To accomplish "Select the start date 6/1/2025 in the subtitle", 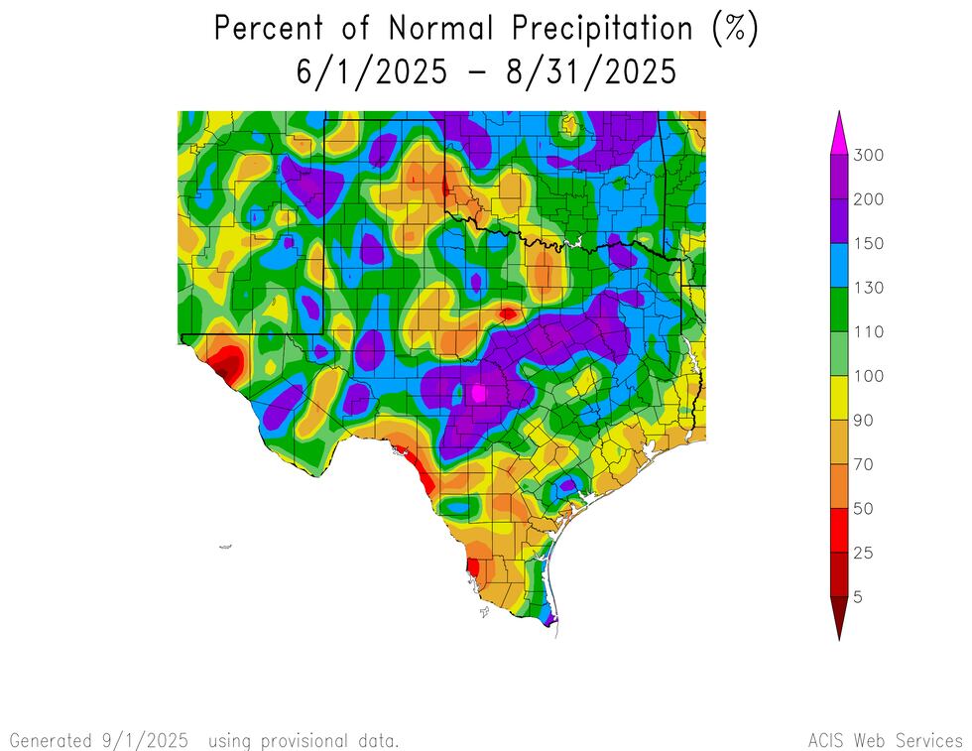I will (x=370, y=72).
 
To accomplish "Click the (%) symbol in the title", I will (x=735, y=29).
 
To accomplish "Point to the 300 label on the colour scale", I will (x=868, y=155).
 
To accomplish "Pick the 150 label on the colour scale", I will (x=868, y=243).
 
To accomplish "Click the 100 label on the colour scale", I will (x=868, y=376).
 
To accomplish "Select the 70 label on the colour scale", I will (x=864, y=464).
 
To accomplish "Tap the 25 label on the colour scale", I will (x=864, y=553).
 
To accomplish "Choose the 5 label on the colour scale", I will (x=858, y=597).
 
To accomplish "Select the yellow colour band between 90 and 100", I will (x=838, y=398).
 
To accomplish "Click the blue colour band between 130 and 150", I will (x=838, y=265).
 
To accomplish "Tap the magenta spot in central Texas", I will (x=479, y=393).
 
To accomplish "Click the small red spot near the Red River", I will (x=508, y=313).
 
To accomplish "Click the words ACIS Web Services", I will (x=885, y=740).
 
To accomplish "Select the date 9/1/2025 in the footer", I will (x=142, y=740).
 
